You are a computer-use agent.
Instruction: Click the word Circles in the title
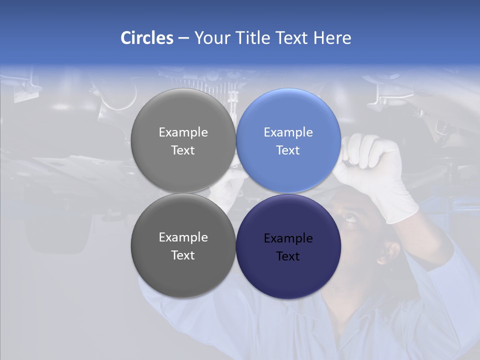(147, 38)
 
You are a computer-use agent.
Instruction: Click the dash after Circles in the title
(183, 38)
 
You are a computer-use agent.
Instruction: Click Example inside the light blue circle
(288, 132)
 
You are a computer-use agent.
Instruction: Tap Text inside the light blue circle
(288, 150)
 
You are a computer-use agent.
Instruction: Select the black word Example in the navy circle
(288, 238)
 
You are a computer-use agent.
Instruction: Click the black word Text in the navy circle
(288, 256)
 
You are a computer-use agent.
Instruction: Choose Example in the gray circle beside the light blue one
(183, 132)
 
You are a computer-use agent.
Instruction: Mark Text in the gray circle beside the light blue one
(183, 150)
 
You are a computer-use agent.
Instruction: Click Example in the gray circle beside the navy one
(183, 237)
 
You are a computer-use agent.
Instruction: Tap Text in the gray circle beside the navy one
(183, 255)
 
